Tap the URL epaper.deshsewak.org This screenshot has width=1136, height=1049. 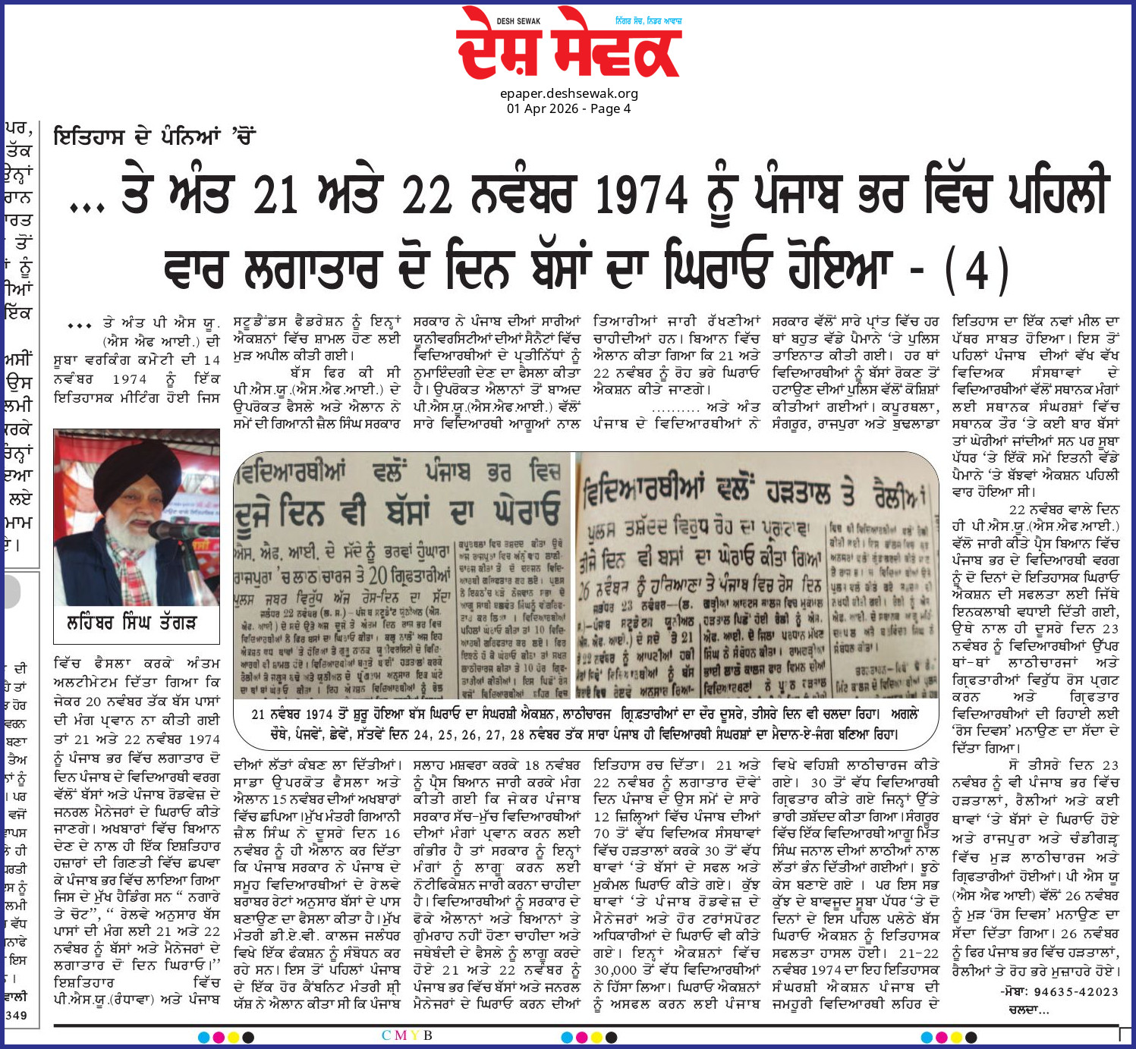click(568, 93)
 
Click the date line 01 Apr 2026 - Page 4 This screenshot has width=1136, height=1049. click(568, 108)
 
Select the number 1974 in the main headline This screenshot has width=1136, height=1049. click(641, 195)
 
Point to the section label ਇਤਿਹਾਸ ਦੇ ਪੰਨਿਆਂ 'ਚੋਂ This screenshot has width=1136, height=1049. click(154, 137)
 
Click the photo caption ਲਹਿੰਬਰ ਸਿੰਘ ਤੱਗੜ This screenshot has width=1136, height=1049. click(132, 623)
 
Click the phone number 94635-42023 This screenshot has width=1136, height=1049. click(1076, 991)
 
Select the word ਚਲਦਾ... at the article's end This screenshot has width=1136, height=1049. click(1028, 1010)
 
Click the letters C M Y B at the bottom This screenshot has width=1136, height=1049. click(407, 1035)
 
